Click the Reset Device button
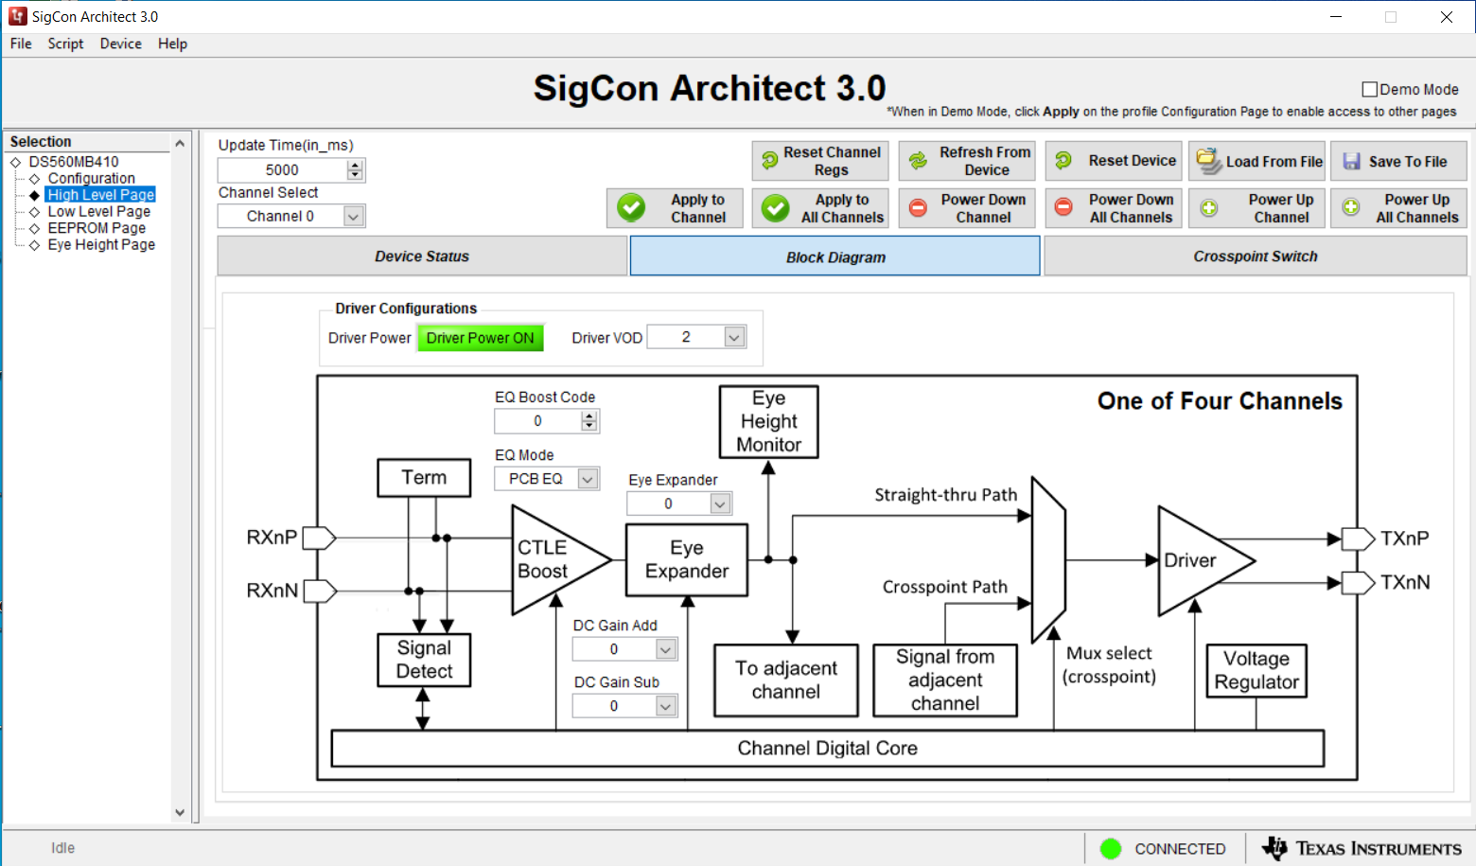(1114, 161)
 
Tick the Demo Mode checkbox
(1369, 89)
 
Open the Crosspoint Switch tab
(1255, 256)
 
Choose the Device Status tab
(422, 256)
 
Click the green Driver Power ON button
(480, 338)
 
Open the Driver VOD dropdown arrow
(734, 337)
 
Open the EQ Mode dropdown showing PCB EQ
(588, 479)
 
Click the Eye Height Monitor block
(768, 421)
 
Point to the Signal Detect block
(424, 660)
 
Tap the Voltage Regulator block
(1256, 670)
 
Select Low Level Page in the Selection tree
(98, 211)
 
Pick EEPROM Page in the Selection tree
(97, 228)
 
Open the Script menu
(65, 44)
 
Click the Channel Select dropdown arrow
(353, 216)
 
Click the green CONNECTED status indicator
(1111, 849)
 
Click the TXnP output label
(1404, 539)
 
